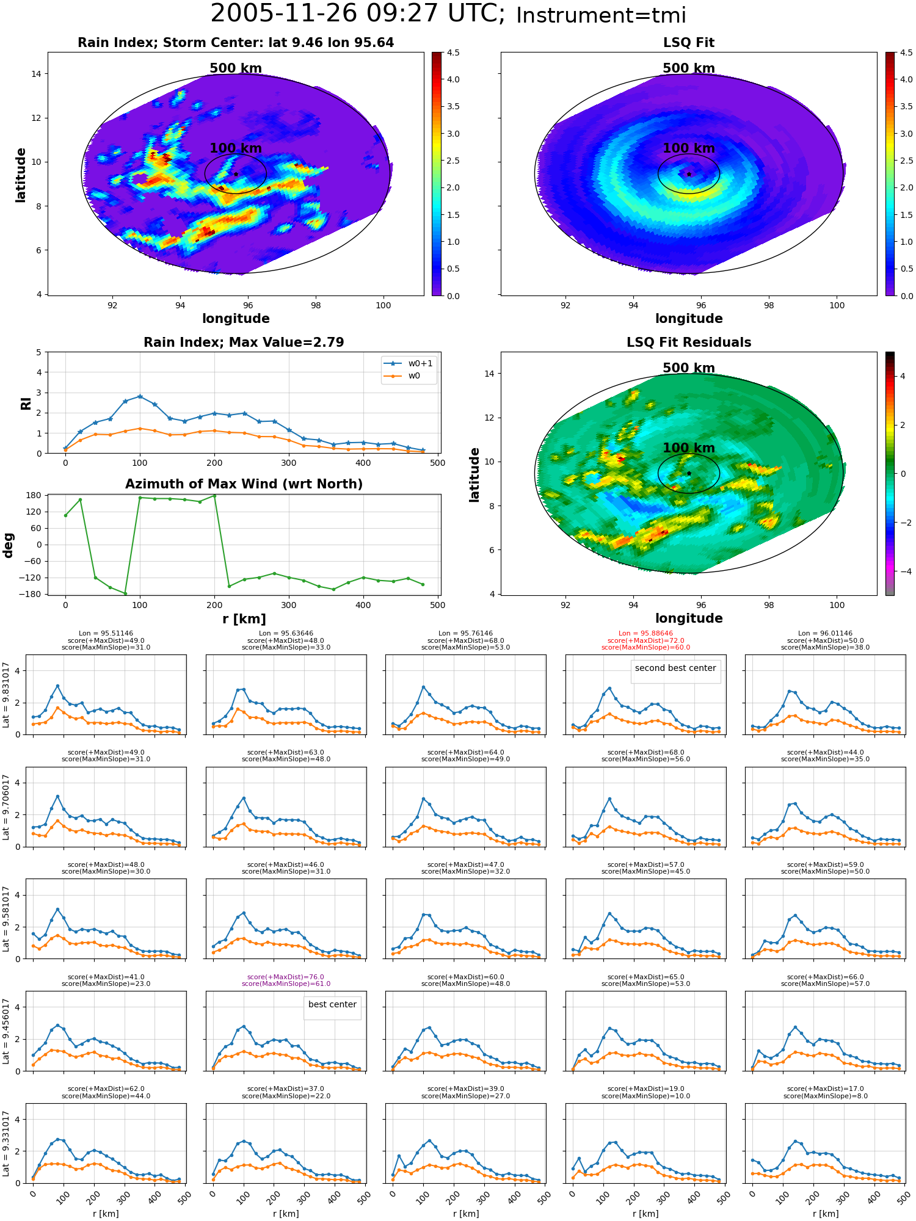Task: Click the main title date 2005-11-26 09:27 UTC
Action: [x=358, y=14]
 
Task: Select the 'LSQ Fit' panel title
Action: [x=689, y=43]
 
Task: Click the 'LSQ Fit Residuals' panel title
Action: [x=689, y=342]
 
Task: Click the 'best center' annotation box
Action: [x=332, y=1004]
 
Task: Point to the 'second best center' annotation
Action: [x=675, y=668]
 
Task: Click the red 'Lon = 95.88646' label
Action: [x=645, y=633]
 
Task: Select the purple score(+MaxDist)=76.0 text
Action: [x=286, y=977]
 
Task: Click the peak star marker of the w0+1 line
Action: [x=140, y=397]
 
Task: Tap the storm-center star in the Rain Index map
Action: [x=236, y=174]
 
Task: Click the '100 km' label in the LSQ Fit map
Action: [x=689, y=148]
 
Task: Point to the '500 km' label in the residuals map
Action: [x=689, y=368]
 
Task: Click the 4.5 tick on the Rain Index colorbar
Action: [x=453, y=53]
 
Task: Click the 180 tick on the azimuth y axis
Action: [x=34, y=495]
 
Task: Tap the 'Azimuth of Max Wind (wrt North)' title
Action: [x=244, y=484]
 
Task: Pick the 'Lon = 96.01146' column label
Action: [x=825, y=633]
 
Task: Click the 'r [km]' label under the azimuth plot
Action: [x=244, y=619]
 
